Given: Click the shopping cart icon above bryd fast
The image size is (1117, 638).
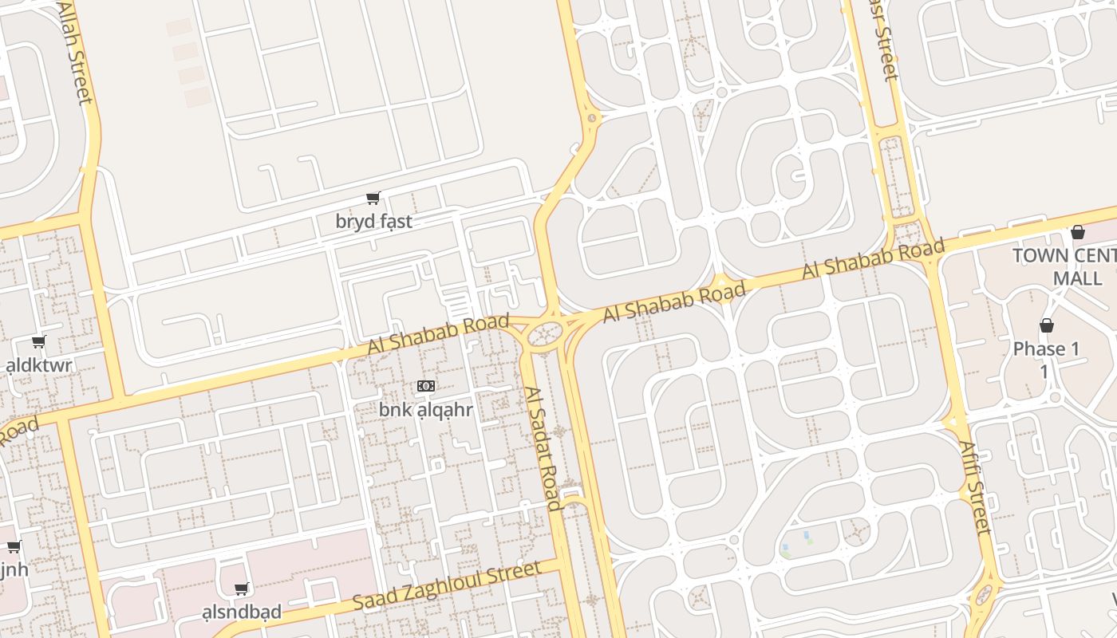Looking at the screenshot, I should pyautogui.click(x=373, y=198).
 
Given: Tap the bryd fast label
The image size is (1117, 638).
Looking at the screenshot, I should pyautogui.click(x=373, y=222).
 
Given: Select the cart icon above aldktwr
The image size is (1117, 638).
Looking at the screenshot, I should pyautogui.click(x=38, y=342).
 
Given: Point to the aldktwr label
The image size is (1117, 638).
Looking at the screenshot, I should pyautogui.click(x=39, y=366).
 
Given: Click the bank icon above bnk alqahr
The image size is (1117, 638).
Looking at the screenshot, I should pyautogui.click(x=425, y=386).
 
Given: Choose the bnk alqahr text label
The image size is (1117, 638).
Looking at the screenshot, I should pyautogui.click(x=425, y=411).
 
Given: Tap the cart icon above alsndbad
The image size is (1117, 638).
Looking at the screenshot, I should pyautogui.click(x=241, y=589).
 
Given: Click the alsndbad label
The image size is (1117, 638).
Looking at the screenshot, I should pyautogui.click(x=242, y=612).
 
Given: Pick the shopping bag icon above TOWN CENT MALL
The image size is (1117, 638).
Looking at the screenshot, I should pyautogui.click(x=1078, y=232).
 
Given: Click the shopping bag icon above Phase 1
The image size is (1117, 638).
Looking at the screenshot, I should pyautogui.click(x=1047, y=325).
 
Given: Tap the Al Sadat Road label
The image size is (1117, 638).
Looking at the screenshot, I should pyautogui.click(x=543, y=448).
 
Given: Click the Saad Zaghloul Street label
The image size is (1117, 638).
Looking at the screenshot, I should pyautogui.click(x=447, y=586).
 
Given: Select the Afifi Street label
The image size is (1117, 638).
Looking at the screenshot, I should pyautogui.click(x=973, y=487).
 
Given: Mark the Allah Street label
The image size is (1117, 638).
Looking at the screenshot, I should pyautogui.click(x=76, y=53).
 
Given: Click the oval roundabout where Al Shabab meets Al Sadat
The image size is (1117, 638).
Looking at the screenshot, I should pyautogui.click(x=544, y=333).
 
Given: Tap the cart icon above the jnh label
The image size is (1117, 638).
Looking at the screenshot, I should pyautogui.click(x=14, y=547).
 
